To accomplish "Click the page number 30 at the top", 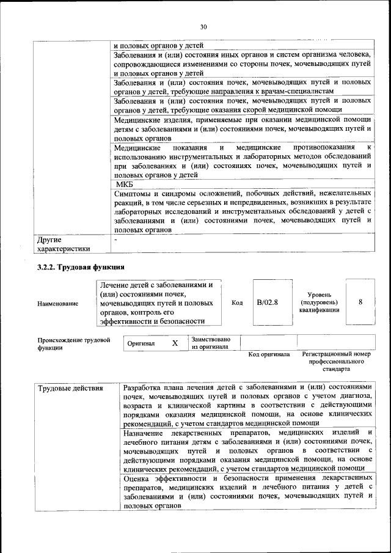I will click(x=203, y=26).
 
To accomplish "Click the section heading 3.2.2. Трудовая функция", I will click(x=81, y=267).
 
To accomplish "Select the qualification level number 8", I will click(x=360, y=302).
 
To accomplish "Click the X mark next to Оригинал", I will click(x=175, y=343).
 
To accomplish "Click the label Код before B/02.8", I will click(x=237, y=302).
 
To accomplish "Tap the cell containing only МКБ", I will click(x=124, y=184).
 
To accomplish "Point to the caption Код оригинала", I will click(x=269, y=354).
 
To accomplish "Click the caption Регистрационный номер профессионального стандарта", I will click(x=337, y=362).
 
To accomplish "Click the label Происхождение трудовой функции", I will click(x=73, y=343).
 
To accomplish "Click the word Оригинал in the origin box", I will click(x=141, y=343).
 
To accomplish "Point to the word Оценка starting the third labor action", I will click(x=137, y=477).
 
